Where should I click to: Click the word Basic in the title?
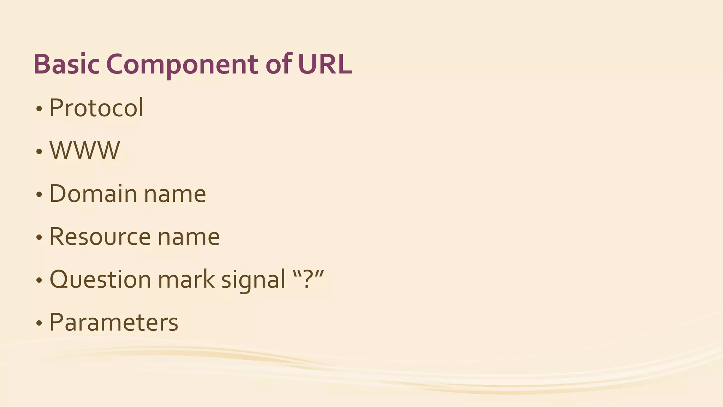click(66, 64)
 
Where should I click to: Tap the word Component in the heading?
click(182, 64)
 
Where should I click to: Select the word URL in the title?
click(325, 64)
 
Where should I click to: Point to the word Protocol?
click(96, 108)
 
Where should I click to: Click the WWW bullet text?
click(85, 151)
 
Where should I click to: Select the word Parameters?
click(114, 323)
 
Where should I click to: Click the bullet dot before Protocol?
click(39, 109)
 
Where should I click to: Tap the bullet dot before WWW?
click(39, 152)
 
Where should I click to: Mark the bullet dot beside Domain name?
click(39, 195)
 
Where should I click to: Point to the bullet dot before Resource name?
click(39, 238)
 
